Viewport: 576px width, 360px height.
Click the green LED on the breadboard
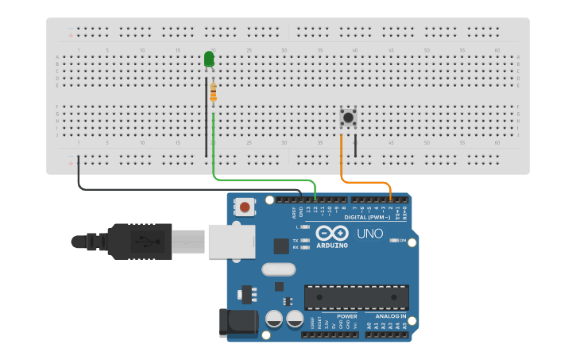tap(209, 60)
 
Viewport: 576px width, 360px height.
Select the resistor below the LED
tap(213, 93)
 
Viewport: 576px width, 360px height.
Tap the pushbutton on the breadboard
tap(348, 118)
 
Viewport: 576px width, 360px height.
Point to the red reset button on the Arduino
tap(245, 207)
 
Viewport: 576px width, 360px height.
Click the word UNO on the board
tap(370, 234)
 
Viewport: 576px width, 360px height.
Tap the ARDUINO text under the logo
tap(332, 246)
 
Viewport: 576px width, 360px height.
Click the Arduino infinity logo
tap(332, 233)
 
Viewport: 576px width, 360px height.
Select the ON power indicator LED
tap(394, 240)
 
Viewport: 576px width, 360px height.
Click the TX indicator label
tap(296, 240)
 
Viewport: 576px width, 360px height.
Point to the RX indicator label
tap(296, 247)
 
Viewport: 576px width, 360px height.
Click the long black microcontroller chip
tap(357, 297)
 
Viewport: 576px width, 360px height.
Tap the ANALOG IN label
tap(385, 316)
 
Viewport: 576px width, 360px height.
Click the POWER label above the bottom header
tap(336, 316)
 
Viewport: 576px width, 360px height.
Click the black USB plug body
tap(139, 241)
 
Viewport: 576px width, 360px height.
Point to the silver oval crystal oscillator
tap(278, 269)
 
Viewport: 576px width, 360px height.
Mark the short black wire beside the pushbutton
tap(355, 145)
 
